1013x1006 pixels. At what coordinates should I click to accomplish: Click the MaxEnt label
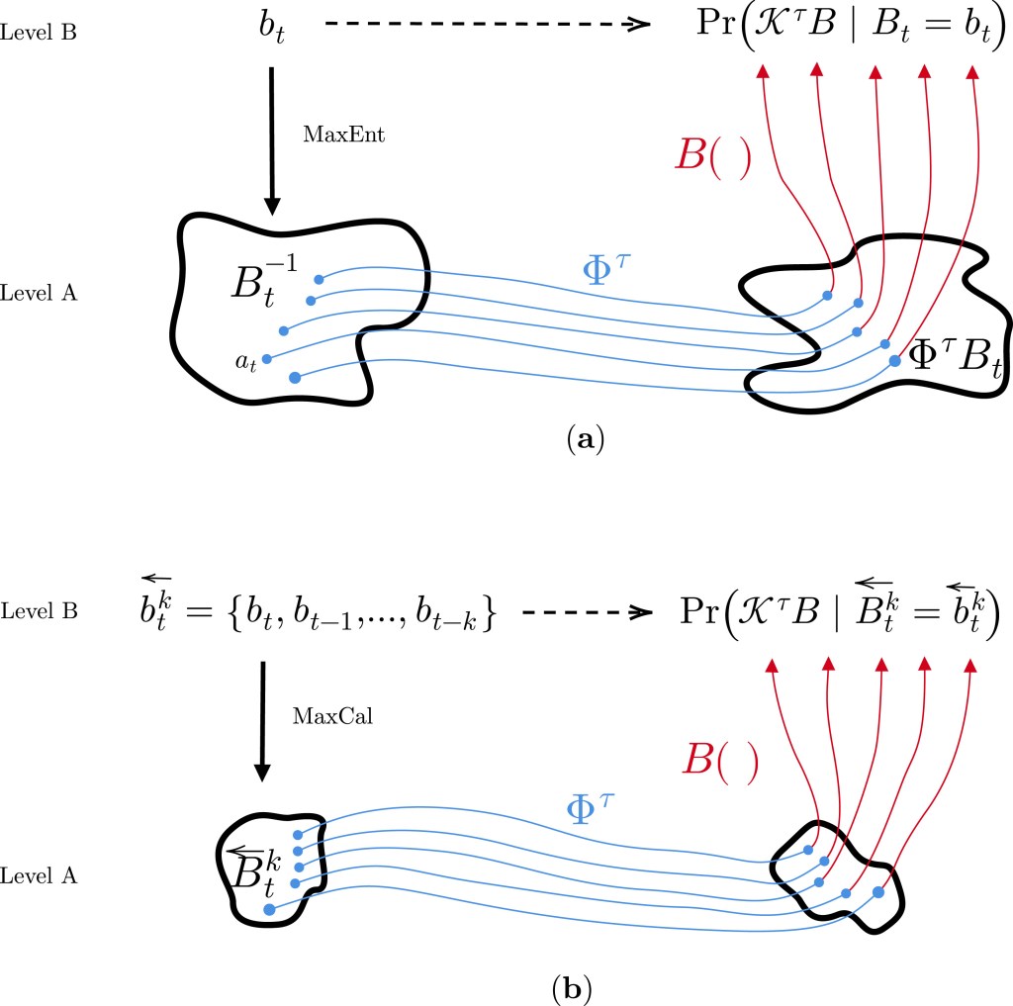(343, 135)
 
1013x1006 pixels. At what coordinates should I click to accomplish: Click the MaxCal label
(332, 716)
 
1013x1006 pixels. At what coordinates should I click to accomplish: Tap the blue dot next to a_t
(267, 359)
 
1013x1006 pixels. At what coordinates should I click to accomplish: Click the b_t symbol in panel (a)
(270, 34)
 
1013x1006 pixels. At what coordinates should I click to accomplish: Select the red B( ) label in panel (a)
(710, 156)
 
